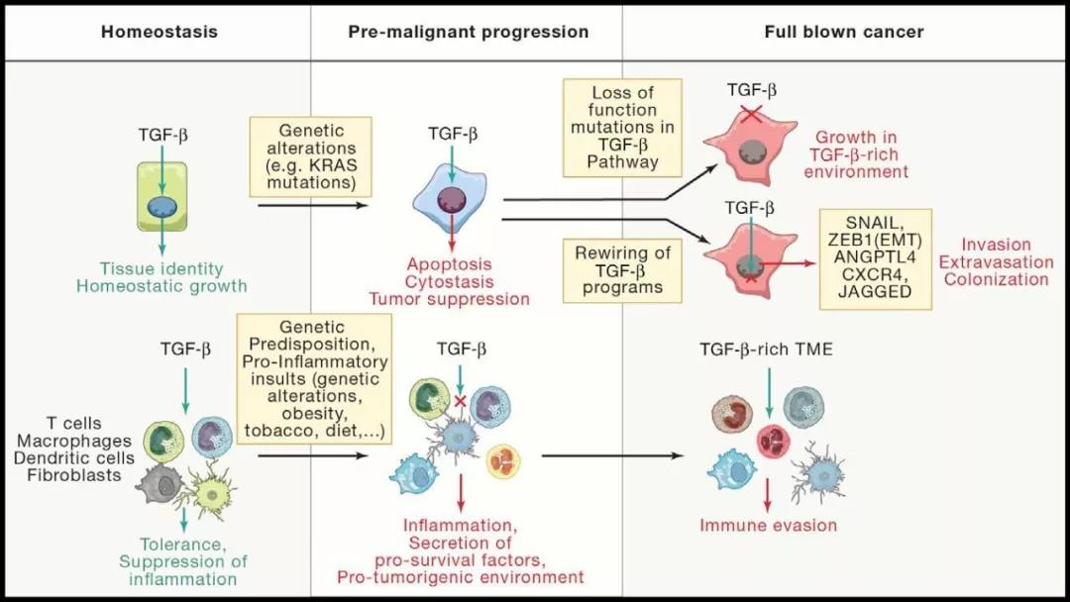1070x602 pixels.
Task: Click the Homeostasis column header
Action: click(x=159, y=32)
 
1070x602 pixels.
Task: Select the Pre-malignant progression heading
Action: click(x=468, y=32)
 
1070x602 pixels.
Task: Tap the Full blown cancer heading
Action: click(x=843, y=32)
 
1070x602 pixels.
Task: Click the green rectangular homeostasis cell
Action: click(x=161, y=196)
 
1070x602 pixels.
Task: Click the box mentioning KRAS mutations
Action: click(x=310, y=156)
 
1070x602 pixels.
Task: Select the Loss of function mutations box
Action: click(x=622, y=128)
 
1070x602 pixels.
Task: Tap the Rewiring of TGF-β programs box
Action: click(x=622, y=270)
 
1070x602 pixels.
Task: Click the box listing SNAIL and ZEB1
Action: click(x=876, y=259)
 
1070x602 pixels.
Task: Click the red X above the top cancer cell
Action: click(x=751, y=114)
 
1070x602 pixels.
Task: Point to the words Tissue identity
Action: click(x=161, y=268)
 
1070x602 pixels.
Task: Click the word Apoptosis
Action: click(x=450, y=264)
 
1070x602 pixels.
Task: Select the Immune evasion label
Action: click(x=769, y=526)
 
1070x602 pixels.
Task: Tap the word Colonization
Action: click(x=997, y=279)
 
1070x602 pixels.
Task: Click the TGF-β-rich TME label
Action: click(x=766, y=350)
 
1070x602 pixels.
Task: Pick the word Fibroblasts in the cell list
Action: click(x=74, y=475)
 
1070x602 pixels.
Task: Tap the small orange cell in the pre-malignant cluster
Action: click(x=503, y=461)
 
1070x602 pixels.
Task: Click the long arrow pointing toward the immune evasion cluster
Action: click(x=612, y=455)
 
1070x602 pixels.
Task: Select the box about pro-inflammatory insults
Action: click(x=314, y=379)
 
